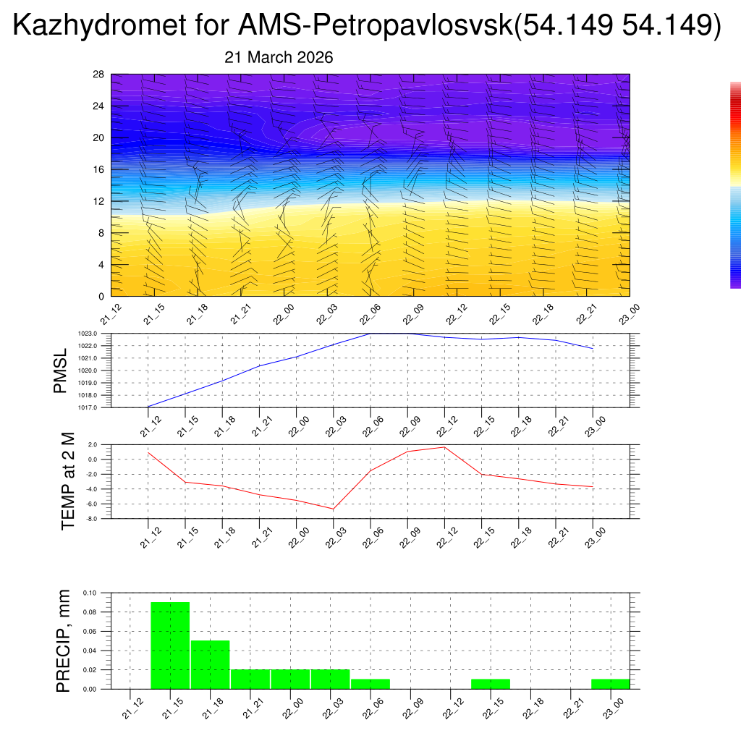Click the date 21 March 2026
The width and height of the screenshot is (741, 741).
[x=279, y=58]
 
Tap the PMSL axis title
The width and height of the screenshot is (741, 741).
[x=60, y=370]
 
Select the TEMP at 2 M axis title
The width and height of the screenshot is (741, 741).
[x=67, y=481]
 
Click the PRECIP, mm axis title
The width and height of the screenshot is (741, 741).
[x=63, y=640]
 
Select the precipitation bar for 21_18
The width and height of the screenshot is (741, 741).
[x=210, y=664]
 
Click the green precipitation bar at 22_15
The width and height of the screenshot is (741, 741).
[x=490, y=684]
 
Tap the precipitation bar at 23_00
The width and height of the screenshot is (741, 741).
[x=610, y=684]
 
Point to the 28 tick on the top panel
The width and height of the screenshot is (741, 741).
[x=99, y=75]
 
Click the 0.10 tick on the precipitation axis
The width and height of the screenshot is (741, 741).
[x=89, y=593]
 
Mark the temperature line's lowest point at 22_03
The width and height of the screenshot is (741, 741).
[x=334, y=509]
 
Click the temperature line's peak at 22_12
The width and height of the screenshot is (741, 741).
[x=444, y=447]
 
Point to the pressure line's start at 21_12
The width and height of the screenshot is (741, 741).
[x=148, y=407]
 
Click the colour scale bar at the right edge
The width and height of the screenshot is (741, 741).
[x=735, y=185]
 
